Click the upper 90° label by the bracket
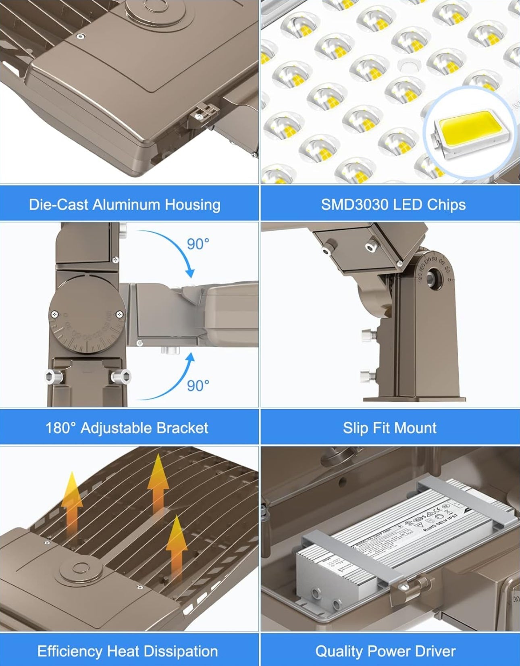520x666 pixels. [x=198, y=244]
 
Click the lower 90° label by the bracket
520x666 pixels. [x=198, y=386]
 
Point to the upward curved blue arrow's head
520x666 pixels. [x=190, y=357]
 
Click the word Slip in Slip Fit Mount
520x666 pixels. [x=354, y=428]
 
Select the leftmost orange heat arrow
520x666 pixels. [x=71, y=508]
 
